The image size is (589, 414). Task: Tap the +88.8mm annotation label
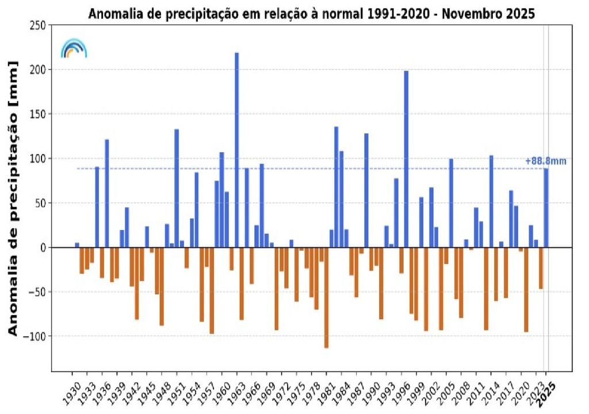(545, 161)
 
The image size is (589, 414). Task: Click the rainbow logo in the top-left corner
(74, 48)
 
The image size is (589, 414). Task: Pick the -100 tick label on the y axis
(36, 336)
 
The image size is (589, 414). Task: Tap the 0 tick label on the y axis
(43, 247)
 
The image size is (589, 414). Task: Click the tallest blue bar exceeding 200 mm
(236, 149)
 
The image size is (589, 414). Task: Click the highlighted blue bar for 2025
(546, 208)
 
